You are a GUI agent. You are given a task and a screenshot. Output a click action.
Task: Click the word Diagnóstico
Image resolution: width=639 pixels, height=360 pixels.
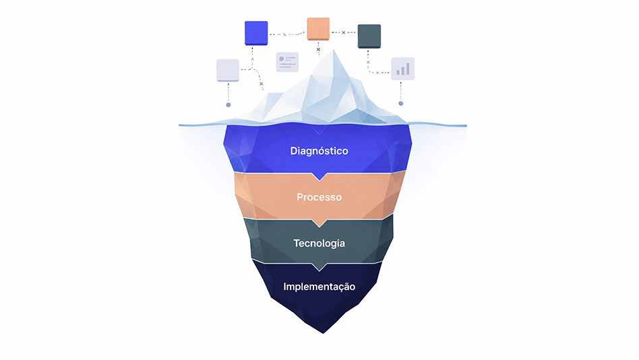(319, 151)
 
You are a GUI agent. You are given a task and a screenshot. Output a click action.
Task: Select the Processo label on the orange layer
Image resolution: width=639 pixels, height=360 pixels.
(319, 198)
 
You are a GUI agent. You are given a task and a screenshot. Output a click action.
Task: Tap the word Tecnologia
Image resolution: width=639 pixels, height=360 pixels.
(319, 243)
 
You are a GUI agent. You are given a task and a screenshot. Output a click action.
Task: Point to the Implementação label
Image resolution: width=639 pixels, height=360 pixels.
(319, 287)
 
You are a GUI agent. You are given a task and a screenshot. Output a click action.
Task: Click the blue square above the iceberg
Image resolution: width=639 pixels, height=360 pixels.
(256, 33)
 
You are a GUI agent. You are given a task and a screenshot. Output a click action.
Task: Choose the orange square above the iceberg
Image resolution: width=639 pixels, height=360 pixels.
(318, 29)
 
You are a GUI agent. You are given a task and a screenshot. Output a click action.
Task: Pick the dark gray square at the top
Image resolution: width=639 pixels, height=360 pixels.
(369, 36)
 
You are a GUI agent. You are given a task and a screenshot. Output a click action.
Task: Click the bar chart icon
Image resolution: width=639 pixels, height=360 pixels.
(402, 69)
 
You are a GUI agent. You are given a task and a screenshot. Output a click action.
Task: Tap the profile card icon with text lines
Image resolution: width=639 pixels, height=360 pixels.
(287, 62)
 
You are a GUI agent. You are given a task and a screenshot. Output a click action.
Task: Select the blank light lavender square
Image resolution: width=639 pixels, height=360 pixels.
(227, 71)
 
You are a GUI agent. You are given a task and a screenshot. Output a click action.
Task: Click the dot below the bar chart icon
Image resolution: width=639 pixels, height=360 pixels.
(400, 104)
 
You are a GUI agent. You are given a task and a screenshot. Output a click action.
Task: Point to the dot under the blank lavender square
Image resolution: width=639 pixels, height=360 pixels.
(229, 104)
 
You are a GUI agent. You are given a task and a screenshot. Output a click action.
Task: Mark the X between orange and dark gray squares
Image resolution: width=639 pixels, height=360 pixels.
(344, 32)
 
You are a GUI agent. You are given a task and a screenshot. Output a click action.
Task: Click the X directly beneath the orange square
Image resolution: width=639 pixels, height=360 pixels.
(318, 49)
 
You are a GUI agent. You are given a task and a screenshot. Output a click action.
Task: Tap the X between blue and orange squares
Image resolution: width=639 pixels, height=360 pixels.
(284, 34)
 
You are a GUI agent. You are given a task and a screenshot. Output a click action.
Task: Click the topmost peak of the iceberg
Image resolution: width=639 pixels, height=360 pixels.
(334, 50)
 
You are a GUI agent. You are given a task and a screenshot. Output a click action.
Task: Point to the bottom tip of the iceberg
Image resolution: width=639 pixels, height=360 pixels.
(323, 332)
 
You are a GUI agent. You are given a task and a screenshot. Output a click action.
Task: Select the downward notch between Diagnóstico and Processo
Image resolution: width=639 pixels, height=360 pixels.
(319, 177)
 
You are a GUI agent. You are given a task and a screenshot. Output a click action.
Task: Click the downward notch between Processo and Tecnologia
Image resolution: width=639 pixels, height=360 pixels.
(319, 223)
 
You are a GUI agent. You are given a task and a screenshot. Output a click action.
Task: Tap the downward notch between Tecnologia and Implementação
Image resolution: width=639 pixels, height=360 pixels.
(319, 267)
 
